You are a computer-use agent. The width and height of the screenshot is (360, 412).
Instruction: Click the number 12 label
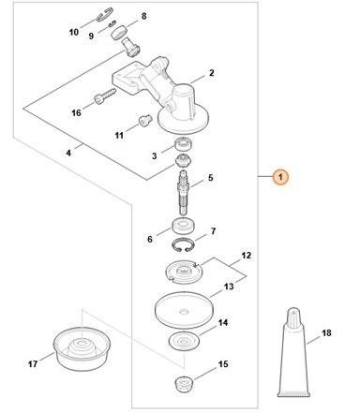(x=247, y=255)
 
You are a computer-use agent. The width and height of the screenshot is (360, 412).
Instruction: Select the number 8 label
(x=143, y=17)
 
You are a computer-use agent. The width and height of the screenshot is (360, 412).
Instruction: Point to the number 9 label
(x=91, y=36)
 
